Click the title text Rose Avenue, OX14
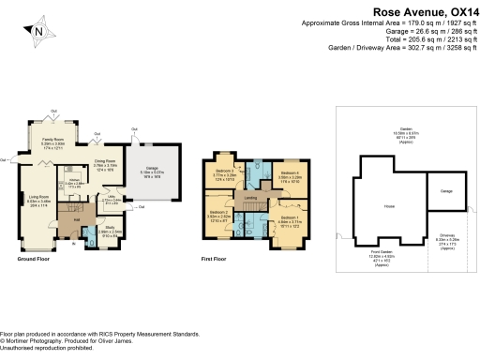click(x=426, y=11)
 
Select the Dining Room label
click(x=116, y=163)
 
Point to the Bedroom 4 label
click(x=290, y=173)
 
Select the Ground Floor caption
click(x=34, y=258)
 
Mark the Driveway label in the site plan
click(x=447, y=236)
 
